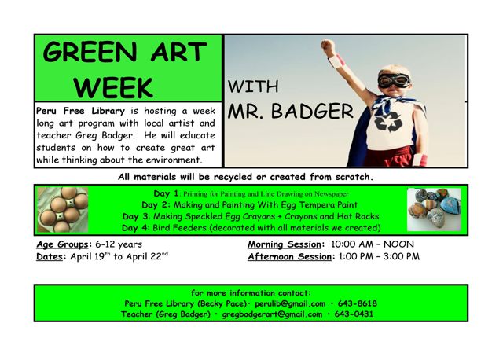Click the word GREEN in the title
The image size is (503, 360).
(x=90, y=52)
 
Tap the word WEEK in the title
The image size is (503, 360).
(x=113, y=87)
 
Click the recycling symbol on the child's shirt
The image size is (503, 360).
(x=388, y=122)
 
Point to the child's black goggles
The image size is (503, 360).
(x=394, y=80)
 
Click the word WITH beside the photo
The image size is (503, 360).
(x=253, y=86)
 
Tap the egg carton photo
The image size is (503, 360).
(x=63, y=210)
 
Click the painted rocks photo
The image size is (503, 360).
(x=434, y=209)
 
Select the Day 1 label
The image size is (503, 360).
(x=166, y=193)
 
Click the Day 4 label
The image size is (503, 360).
(x=135, y=228)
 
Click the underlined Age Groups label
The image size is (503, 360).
(x=62, y=244)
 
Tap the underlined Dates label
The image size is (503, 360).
(x=50, y=257)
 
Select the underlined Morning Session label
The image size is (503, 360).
(x=285, y=244)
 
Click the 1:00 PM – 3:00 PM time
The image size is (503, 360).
(x=379, y=256)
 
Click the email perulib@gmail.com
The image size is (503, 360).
(x=290, y=303)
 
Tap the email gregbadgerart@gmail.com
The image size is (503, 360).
(x=272, y=314)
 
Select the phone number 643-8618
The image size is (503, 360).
(x=358, y=303)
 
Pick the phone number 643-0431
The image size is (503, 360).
(x=354, y=314)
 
